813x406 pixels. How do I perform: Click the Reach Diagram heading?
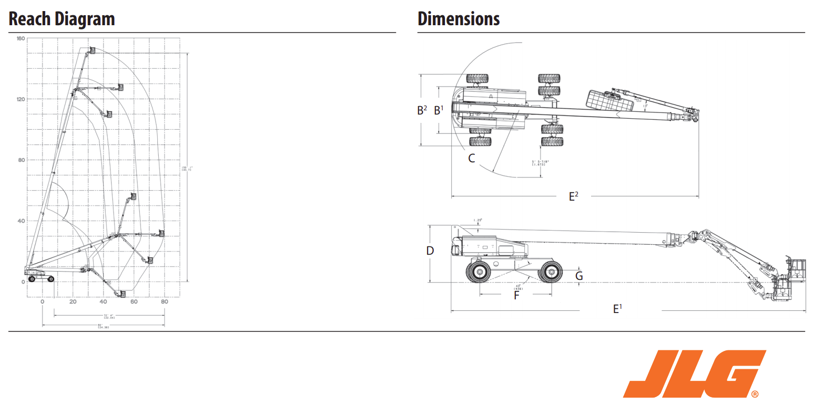[x=62, y=19]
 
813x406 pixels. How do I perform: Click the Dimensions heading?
[x=458, y=19]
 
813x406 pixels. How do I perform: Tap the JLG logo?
[x=694, y=374]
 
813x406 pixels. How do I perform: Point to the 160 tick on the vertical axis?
[x=21, y=39]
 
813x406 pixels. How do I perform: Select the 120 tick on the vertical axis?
[x=21, y=99]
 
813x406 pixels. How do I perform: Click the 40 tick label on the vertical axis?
[x=21, y=221]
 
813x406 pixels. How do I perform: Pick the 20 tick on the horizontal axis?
[x=73, y=302]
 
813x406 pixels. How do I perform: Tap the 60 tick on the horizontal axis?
[x=134, y=302]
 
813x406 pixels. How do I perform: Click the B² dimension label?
[x=422, y=110]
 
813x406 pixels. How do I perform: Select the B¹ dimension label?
[x=439, y=110]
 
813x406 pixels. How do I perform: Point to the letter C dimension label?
[x=472, y=158]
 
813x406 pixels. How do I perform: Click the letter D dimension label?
[x=430, y=251]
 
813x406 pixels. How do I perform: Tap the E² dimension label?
[x=574, y=196]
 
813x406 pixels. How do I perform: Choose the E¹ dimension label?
[x=618, y=309]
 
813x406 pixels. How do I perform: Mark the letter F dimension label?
[x=516, y=295]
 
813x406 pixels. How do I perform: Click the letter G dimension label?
[x=579, y=276]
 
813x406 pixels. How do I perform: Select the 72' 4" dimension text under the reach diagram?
[x=109, y=316]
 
